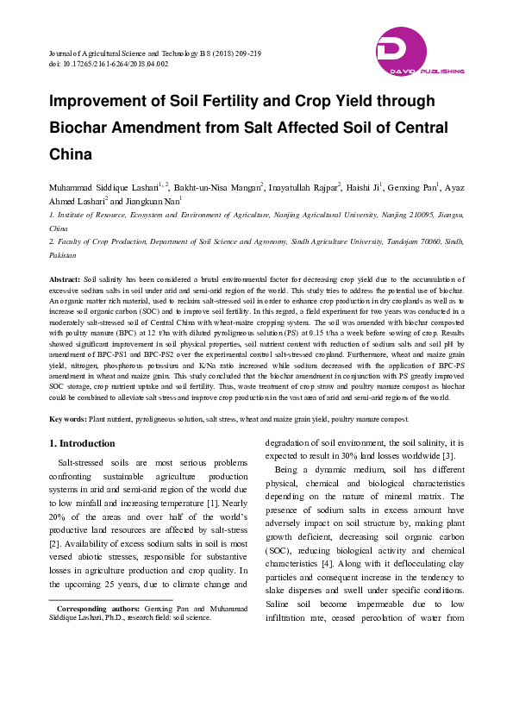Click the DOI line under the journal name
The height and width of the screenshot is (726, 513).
pos(109,64)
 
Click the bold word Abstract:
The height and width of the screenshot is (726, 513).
pos(66,280)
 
